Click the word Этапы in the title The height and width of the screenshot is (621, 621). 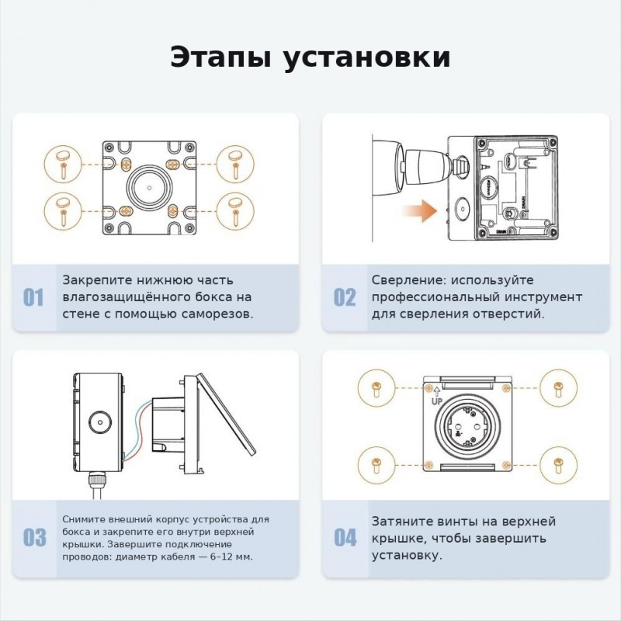click(221, 57)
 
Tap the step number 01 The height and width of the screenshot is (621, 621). click(33, 297)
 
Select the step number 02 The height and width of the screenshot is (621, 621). click(345, 297)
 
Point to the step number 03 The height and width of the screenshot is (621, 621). click(34, 537)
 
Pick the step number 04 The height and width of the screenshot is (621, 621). click(345, 537)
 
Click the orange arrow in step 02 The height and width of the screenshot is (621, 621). click(420, 210)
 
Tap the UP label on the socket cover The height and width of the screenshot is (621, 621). click(436, 401)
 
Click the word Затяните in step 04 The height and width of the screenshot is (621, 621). click(402, 521)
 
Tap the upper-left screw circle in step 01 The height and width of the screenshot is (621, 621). click(63, 164)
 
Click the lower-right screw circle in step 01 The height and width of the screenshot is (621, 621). click(236, 210)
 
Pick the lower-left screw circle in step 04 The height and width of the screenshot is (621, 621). click(376, 465)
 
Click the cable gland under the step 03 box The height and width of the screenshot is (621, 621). click(98, 480)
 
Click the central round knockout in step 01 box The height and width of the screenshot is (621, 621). click(149, 187)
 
